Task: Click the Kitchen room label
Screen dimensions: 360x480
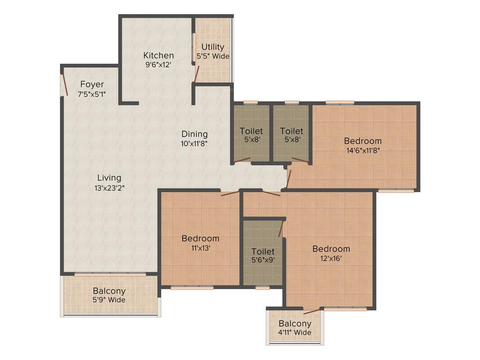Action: coord(158,55)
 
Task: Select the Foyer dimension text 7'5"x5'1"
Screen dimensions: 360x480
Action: coord(92,94)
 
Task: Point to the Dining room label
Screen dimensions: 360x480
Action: coord(195,135)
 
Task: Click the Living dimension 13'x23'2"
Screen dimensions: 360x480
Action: coord(109,187)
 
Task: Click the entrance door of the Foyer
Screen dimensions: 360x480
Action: coord(64,84)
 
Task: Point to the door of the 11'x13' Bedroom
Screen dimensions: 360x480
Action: coord(230,193)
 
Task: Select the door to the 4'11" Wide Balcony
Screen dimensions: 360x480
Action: coord(312,310)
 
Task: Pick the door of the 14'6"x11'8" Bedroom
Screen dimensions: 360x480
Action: coord(289,179)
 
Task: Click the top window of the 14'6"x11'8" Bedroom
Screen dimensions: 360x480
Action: coord(340,102)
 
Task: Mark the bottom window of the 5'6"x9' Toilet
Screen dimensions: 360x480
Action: coord(262,287)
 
